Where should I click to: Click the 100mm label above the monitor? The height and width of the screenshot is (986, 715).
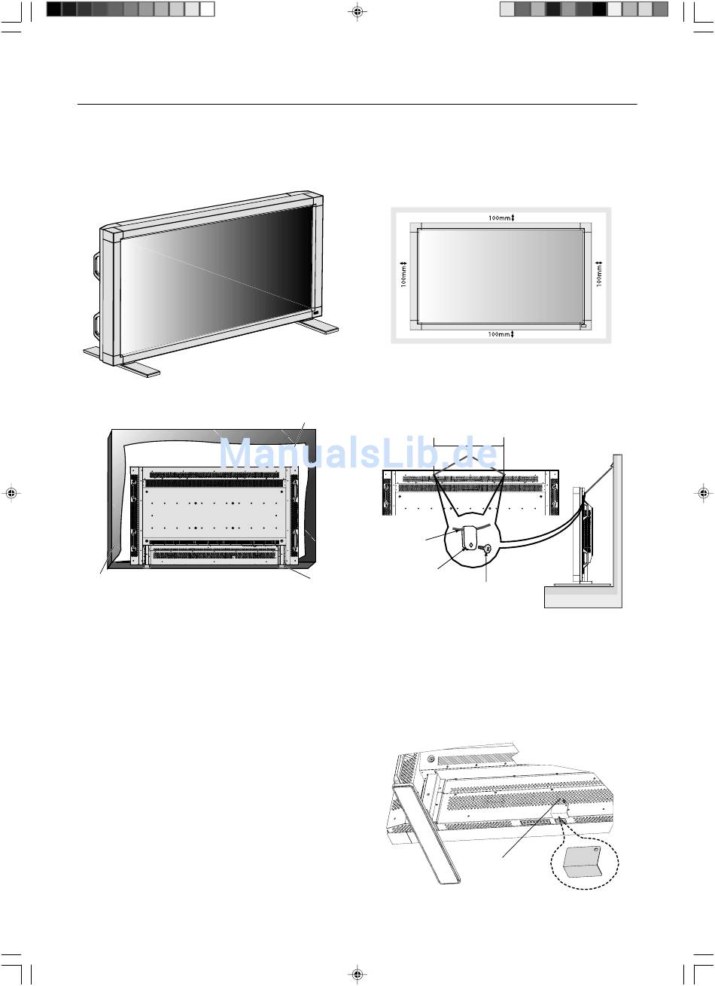click(x=500, y=218)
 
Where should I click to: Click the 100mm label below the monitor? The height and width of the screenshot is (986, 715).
click(x=500, y=333)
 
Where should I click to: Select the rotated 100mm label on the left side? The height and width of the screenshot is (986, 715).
click(x=403, y=275)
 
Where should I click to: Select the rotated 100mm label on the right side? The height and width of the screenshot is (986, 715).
click(x=600, y=275)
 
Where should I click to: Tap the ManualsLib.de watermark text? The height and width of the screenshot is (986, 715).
click(x=358, y=455)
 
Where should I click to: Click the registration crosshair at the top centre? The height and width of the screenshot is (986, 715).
click(x=357, y=12)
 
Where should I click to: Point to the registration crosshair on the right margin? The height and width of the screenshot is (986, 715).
click(x=702, y=493)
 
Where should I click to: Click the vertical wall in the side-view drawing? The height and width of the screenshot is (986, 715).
click(x=616, y=527)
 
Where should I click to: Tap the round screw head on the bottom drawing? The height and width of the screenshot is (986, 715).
click(x=431, y=760)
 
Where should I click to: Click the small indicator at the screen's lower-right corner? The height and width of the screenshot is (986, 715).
click(x=315, y=311)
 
